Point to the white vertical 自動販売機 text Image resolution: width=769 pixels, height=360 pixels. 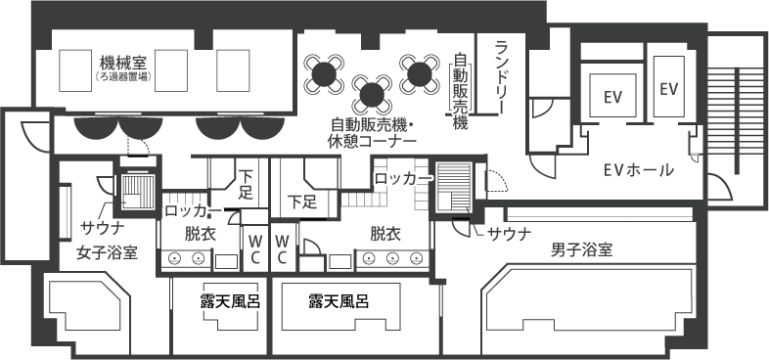tap(459, 91)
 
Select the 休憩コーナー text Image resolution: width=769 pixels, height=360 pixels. tap(372, 142)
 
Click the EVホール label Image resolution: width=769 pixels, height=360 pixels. tap(638, 171)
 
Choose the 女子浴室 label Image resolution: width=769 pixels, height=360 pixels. tap(107, 252)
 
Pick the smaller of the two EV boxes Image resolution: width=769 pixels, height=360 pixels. tap(669, 89)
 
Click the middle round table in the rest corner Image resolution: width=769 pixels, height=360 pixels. tap(372, 94)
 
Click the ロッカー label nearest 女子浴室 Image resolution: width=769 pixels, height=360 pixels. tap(193, 209)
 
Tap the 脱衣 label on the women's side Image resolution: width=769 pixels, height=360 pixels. tap(201, 234)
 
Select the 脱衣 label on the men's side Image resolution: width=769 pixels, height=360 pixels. tap(385, 234)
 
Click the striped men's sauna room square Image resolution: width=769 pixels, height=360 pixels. tap(454, 189)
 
